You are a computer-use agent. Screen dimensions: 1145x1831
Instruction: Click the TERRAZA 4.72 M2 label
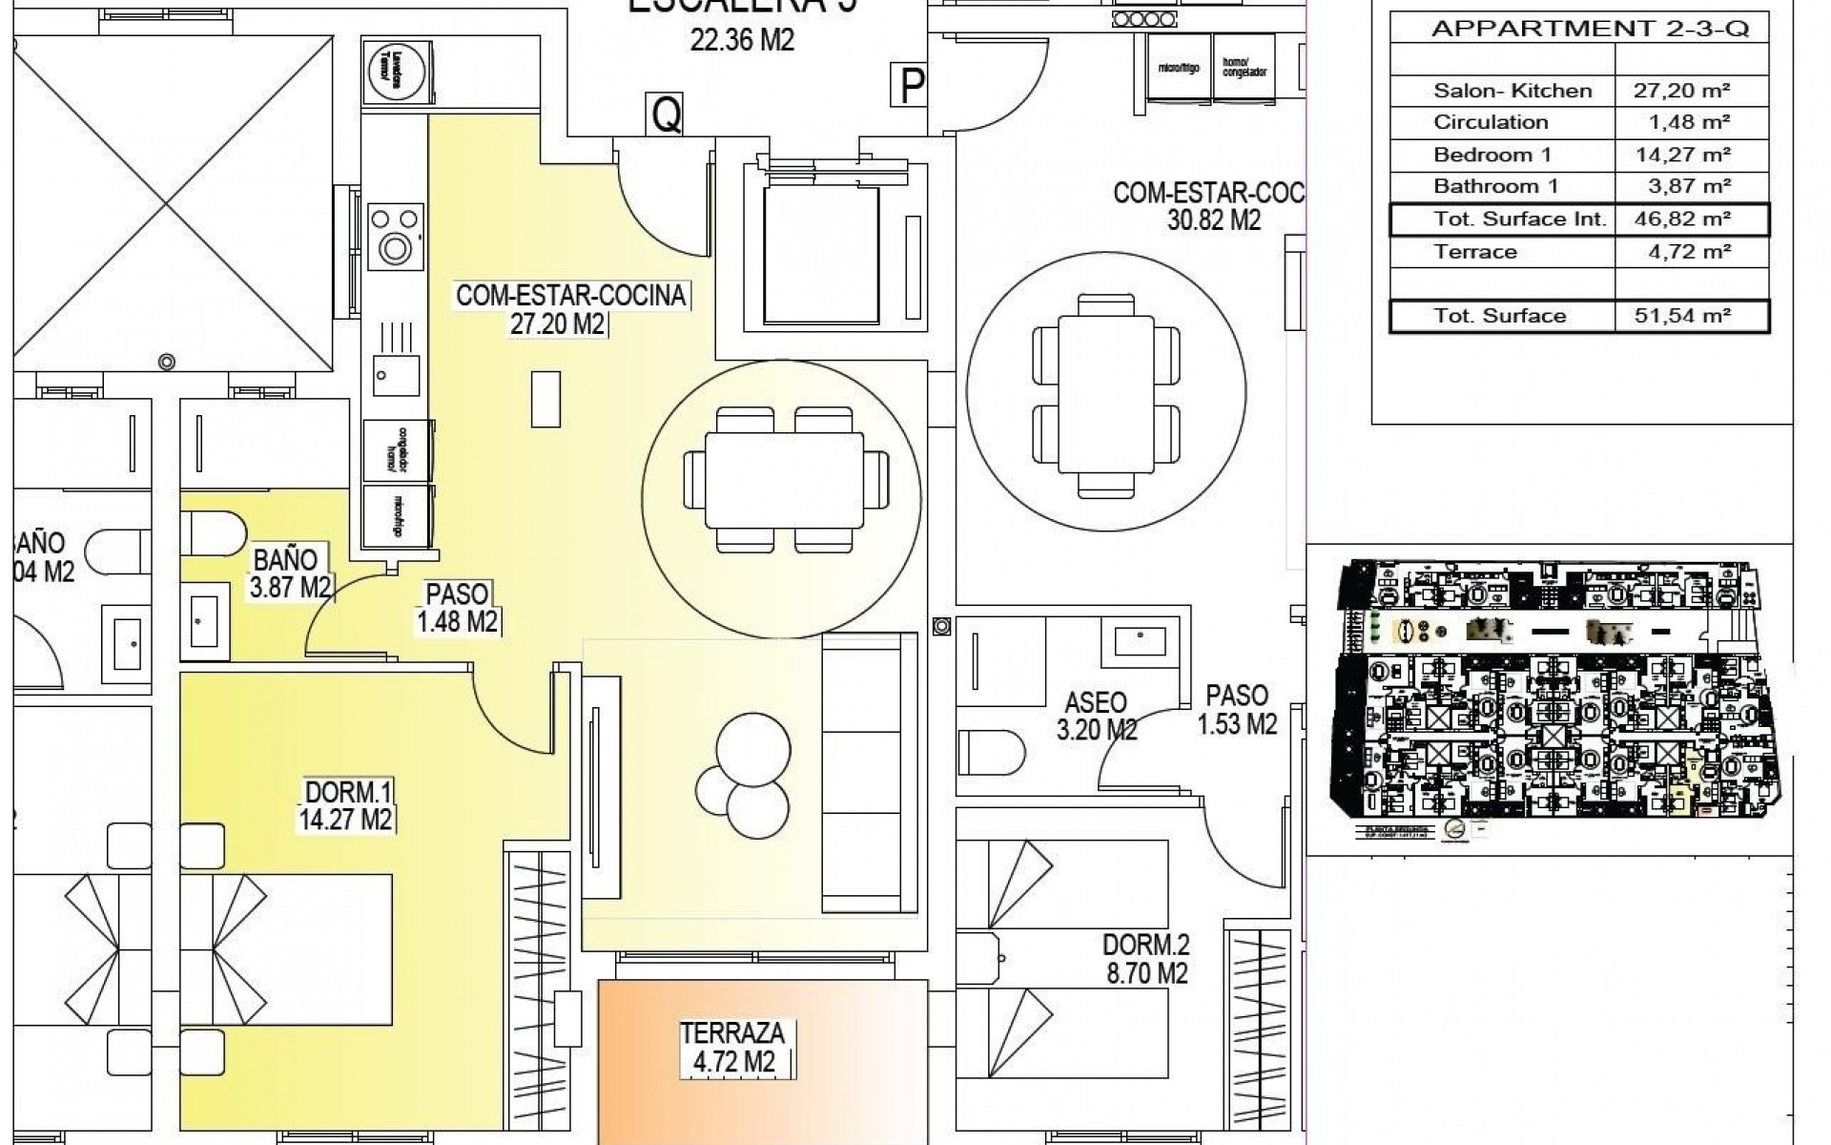732,1047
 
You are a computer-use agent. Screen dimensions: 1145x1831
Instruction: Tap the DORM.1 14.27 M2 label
348,805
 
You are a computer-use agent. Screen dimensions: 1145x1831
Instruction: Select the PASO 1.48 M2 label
457,608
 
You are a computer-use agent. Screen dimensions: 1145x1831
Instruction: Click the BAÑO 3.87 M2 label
290,572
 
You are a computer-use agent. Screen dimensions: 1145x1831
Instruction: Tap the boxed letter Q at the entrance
666,115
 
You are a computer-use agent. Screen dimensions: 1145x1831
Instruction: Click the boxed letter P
911,88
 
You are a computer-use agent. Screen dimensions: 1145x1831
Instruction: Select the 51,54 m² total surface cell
1681,316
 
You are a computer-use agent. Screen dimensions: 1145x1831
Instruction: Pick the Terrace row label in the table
1474,252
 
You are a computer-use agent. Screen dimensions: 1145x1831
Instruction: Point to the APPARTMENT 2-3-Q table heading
1590,29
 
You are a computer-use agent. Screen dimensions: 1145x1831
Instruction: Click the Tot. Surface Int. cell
1519,219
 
